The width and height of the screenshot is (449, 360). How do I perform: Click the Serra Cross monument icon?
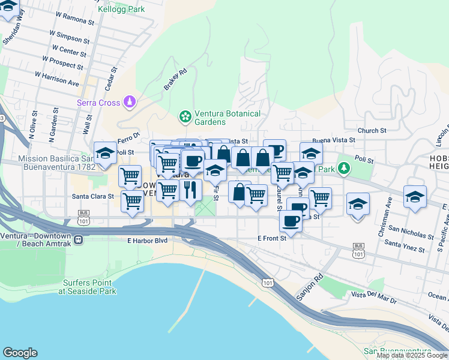(130, 103)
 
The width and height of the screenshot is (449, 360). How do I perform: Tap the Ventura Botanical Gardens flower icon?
(185, 115)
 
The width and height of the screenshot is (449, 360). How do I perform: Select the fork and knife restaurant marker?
(190, 190)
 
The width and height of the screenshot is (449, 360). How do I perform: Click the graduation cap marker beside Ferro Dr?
(106, 153)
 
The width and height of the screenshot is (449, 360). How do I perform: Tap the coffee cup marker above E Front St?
(291, 221)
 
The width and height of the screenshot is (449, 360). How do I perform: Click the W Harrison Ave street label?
(57, 78)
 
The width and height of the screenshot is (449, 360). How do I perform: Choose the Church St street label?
(372, 130)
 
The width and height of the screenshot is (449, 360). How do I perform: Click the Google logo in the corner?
(20, 353)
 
